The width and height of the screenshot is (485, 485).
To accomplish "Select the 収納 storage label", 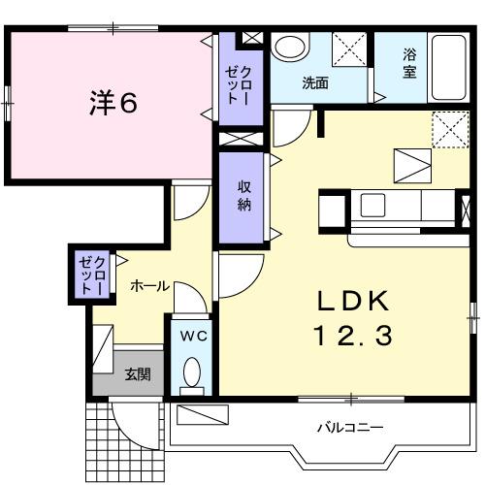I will click(x=244, y=197).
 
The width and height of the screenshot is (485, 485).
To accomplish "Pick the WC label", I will click(x=192, y=336).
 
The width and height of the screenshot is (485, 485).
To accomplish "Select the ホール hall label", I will click(x=149, y=286).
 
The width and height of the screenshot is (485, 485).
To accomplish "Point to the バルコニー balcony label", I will click(x=350, y=427).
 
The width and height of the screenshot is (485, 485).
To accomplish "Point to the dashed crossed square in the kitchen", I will click(x=449, y=127).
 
